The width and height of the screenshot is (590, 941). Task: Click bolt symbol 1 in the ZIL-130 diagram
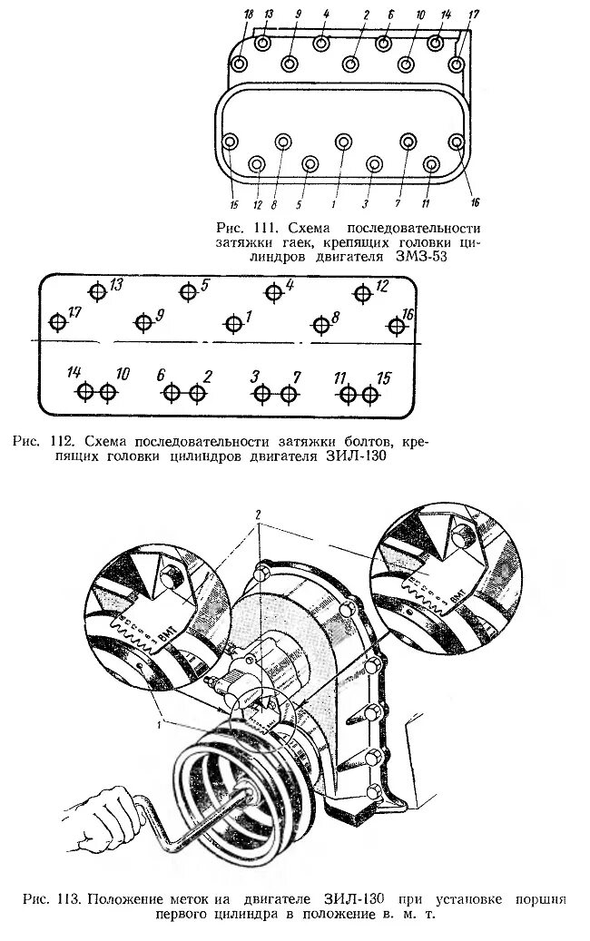(x=233, y=323)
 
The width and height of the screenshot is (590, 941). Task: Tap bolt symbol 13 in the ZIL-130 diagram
(x=97, y=291)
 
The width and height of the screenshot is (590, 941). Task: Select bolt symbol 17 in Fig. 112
(x=58, y=322)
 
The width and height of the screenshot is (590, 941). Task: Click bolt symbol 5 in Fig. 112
(x=187, y=291)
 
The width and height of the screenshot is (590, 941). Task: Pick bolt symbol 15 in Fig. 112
(x=369, y=394)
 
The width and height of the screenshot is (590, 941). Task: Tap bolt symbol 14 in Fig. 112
(x=84, y=393)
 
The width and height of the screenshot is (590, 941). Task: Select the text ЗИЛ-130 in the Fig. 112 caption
(x=359, y=457)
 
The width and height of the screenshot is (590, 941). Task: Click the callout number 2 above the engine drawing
(x=258, y=515)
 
